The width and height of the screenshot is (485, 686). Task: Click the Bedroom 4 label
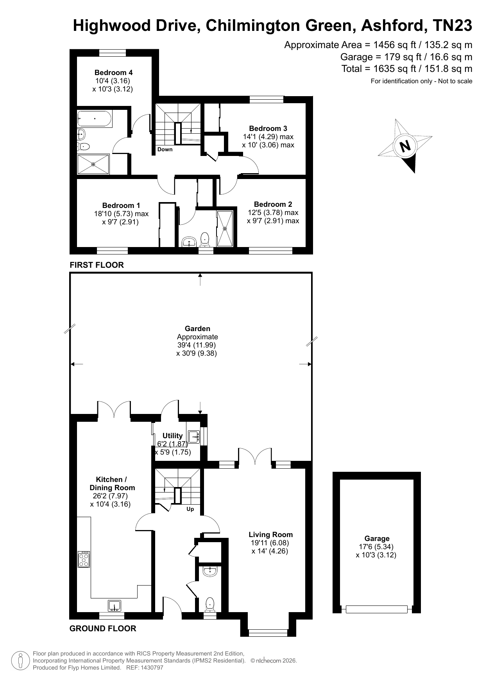tap(113, 72)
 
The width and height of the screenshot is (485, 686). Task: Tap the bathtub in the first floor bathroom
tap(95, 118)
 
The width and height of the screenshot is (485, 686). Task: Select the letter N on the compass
tap(405, 146)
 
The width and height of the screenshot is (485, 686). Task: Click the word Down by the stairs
tap(165, 149)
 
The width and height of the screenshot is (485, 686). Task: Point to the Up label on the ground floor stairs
tap(190, 509)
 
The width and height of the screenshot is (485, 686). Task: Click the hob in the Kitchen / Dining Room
tap(84, 559)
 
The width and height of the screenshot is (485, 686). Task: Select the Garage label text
tap(377, 538)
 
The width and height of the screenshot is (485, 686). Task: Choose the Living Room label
tap(270, 534)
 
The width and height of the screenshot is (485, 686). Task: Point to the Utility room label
tap(172, 435)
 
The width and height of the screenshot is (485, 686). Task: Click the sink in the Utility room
tap(194, 436)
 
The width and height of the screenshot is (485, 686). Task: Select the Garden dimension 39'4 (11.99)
tap(196, 345)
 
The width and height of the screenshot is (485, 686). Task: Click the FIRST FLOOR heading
tap(97, 265)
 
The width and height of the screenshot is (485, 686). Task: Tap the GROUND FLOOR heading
tap(103, 629)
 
